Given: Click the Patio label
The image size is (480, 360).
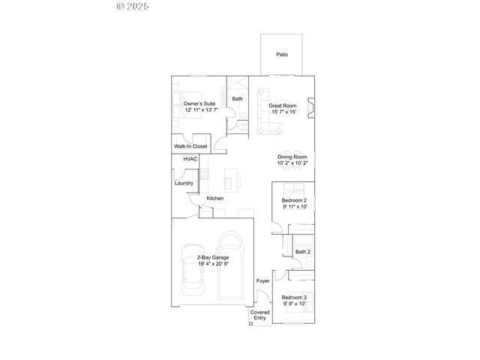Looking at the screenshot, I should coord(282,55).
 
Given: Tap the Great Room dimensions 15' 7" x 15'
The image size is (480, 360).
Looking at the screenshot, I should coord(289,112).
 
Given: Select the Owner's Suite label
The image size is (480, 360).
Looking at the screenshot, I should coord(200,103).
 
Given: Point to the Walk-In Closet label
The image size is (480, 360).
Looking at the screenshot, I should coord(190,146).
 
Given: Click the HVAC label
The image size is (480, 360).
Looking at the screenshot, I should coord(190,160).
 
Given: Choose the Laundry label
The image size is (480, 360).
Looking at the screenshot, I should coord(184,183).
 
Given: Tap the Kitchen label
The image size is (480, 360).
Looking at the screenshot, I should coord(215,198).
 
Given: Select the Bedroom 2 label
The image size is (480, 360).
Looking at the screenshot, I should coord(294,200).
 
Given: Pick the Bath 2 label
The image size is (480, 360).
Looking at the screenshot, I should coord(303,252).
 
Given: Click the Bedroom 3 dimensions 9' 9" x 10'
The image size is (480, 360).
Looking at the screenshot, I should coord(294,304).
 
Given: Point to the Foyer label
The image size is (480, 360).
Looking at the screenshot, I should coord(262,281).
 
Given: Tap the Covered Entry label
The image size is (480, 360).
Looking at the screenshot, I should coord(259,315).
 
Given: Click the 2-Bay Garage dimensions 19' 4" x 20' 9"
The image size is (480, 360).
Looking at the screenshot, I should coord(213,264).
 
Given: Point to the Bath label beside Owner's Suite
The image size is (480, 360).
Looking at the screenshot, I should coord(237,99).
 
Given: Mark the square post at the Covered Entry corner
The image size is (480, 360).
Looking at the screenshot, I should coord(250,324).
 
